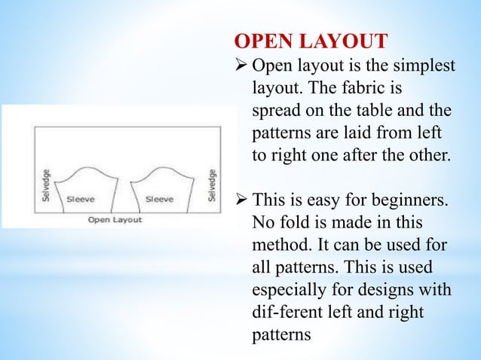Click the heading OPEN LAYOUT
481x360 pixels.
[312, 39]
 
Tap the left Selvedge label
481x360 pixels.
[47, 183]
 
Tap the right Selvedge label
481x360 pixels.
[213, 183]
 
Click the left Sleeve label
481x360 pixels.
[81, 200]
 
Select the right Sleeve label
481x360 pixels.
[160, 200]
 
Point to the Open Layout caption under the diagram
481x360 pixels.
[115, 220]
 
